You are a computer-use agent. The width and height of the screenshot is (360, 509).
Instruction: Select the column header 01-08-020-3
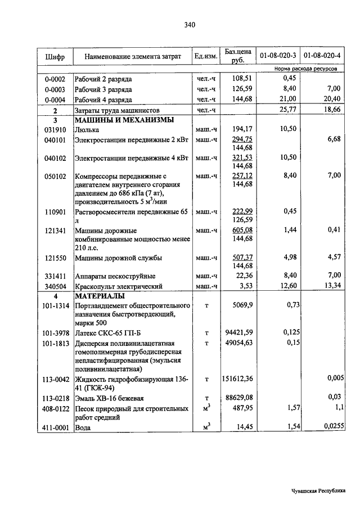tap(278, 56)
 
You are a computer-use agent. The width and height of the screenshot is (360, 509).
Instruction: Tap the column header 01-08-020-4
tap(322, 56)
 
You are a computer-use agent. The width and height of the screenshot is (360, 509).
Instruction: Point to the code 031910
tap(55, 129)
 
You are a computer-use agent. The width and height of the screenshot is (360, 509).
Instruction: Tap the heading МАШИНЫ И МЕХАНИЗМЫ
tap(124, 120)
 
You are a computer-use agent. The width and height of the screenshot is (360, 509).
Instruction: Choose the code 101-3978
tap(55, 334)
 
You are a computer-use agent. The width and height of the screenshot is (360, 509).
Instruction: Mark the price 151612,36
tap(238, 381)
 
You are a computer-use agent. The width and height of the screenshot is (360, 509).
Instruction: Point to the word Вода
tap(83, 429)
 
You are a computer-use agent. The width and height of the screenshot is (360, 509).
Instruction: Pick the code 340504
tap(55, 286)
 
